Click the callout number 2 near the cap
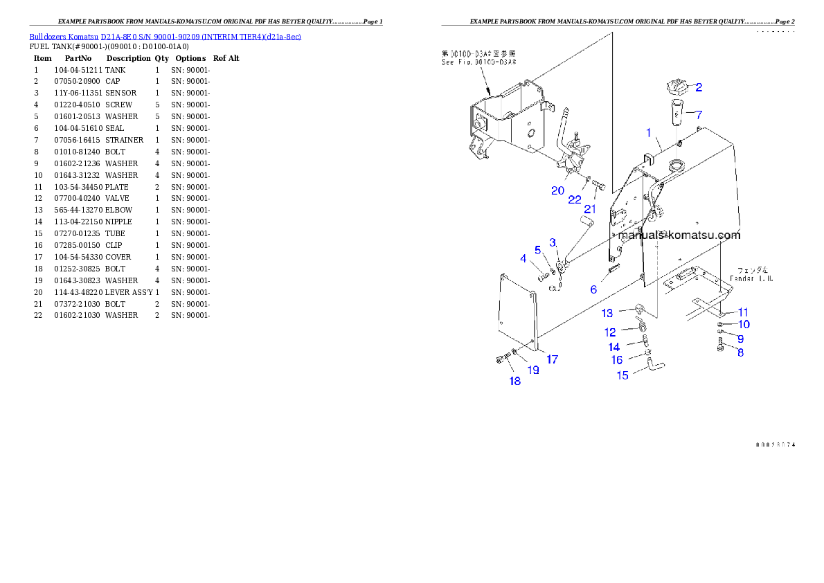[x=699, y=87]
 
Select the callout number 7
[x=699, y=115]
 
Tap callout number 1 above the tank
[x=649, y=132]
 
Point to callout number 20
[x=557, y=190]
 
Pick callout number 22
[x=575, y=199]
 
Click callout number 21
[x=591, y=209]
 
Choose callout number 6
[x=593, y=290]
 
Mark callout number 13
[x=607, y=313]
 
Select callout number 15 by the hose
[x=623, y=375]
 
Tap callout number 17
[x=552, y=359]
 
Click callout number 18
[x=515, y=381]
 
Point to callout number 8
[x=740, y=352]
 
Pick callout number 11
[x=743, y=312]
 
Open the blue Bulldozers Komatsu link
[x=165, y=36]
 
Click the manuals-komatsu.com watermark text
[x=679, y=235]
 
